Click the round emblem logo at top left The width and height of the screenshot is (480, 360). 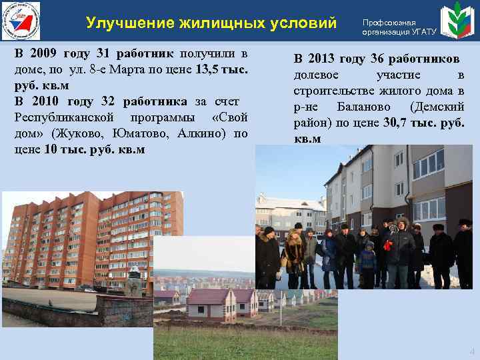[x=21, y=21]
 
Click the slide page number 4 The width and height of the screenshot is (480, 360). [x=472, y=351]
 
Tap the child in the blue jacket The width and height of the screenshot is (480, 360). [x=368, y=261]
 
